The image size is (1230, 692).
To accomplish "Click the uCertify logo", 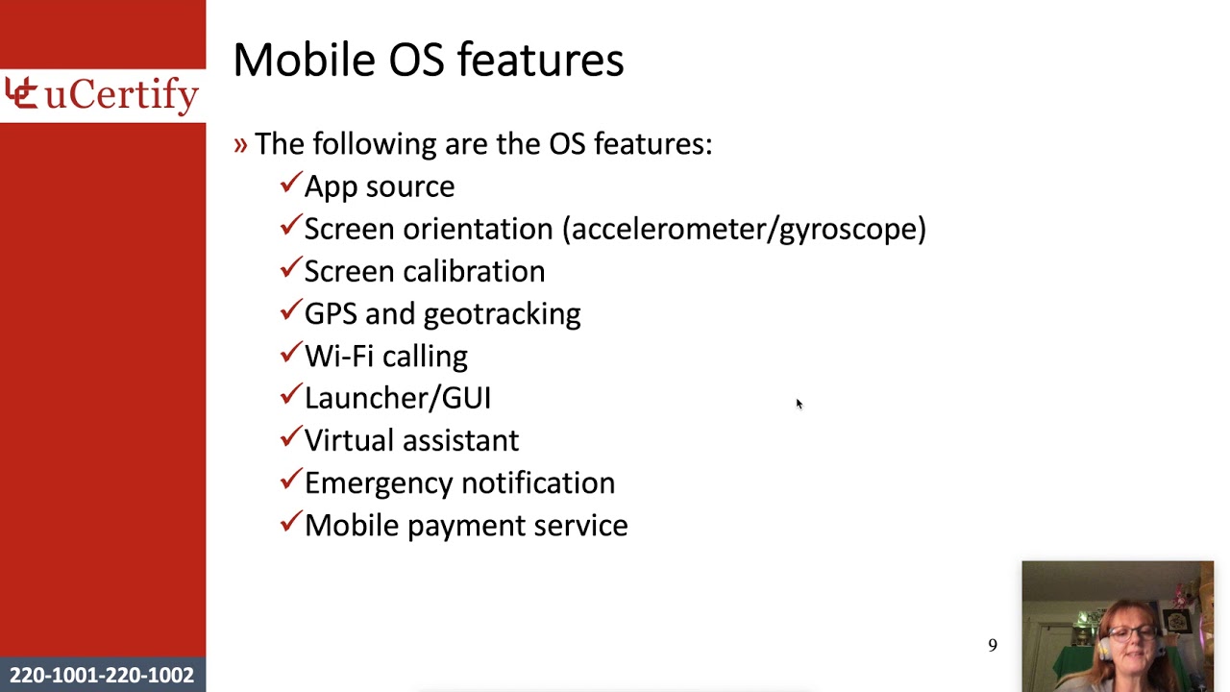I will pos(102,95).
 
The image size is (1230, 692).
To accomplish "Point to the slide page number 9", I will pos(993,646).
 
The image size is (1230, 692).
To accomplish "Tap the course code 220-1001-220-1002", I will pos(102,676).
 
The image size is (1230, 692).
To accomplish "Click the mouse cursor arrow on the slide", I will pos(799,404).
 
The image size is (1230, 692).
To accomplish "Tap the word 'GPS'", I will pos(331,313).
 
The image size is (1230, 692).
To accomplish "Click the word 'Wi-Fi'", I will pos(338,356).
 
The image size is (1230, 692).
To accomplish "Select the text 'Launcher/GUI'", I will pos(397,398).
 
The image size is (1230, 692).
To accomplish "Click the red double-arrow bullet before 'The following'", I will pos(240,144).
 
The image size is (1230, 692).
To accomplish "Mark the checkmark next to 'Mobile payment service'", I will pos(291,522).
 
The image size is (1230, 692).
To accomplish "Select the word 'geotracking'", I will pos(502,314).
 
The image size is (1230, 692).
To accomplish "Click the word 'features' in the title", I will pos(540,60).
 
